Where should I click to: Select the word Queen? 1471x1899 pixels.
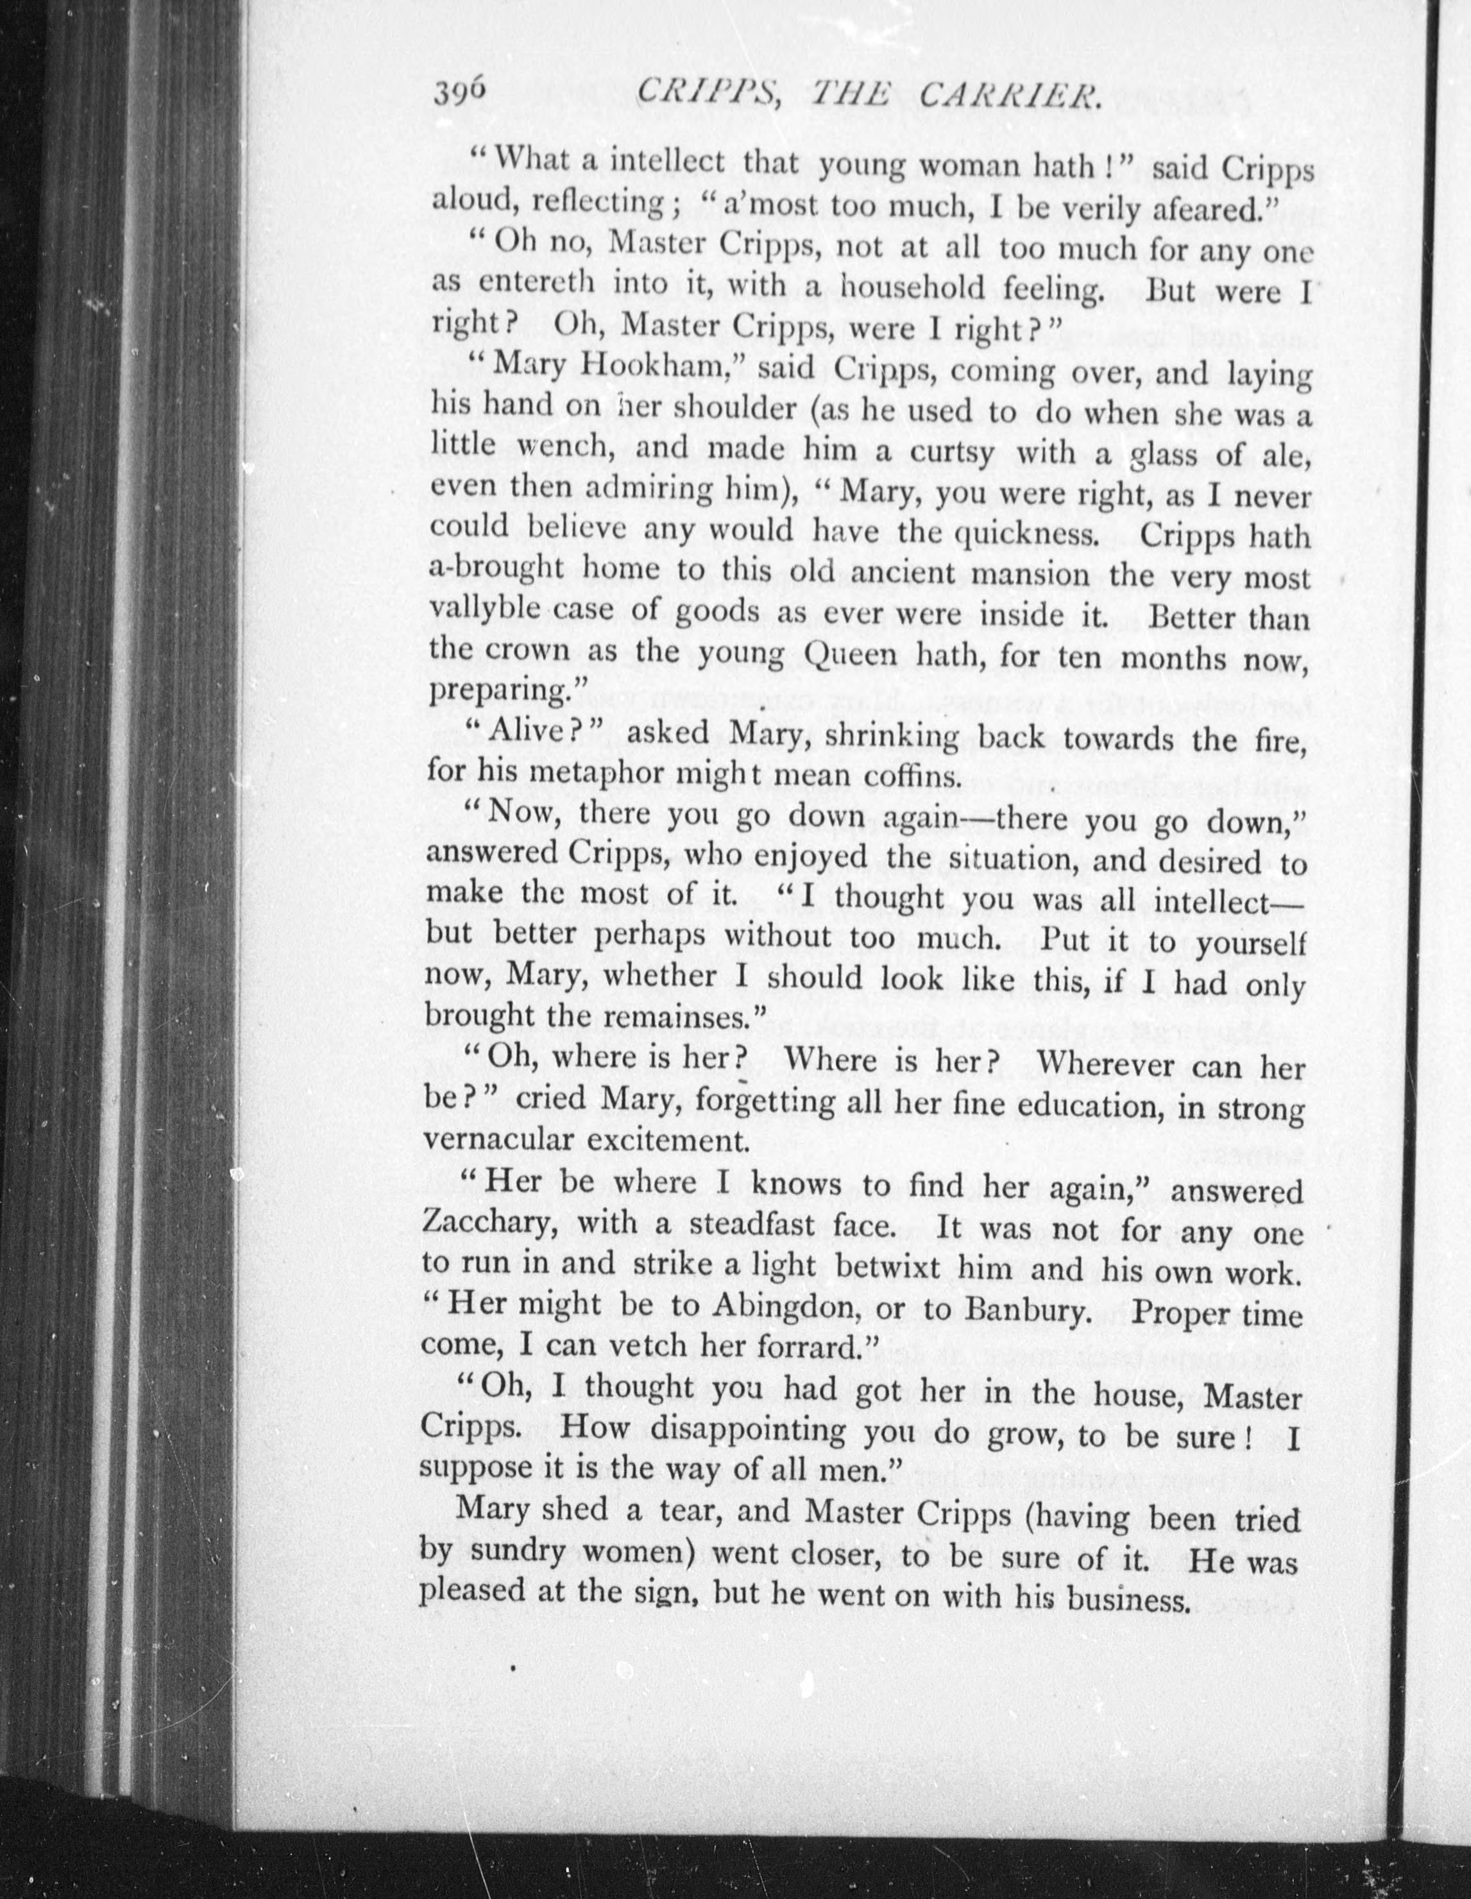(x=864, y=654)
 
